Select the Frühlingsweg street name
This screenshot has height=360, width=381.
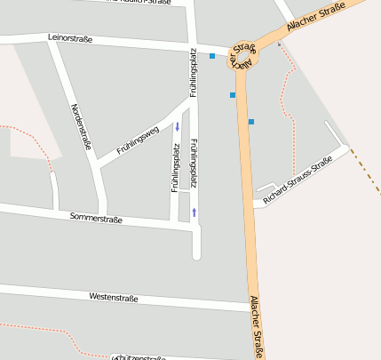138,141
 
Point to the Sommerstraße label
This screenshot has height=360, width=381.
96,218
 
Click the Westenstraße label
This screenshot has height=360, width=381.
114,298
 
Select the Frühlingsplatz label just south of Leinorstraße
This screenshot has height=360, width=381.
193,73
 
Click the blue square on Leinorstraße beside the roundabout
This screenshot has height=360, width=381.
212,56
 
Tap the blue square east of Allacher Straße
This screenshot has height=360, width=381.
251,121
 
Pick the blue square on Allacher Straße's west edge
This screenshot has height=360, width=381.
233,94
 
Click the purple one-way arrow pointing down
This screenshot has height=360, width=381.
177,126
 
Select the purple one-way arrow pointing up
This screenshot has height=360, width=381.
194,212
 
